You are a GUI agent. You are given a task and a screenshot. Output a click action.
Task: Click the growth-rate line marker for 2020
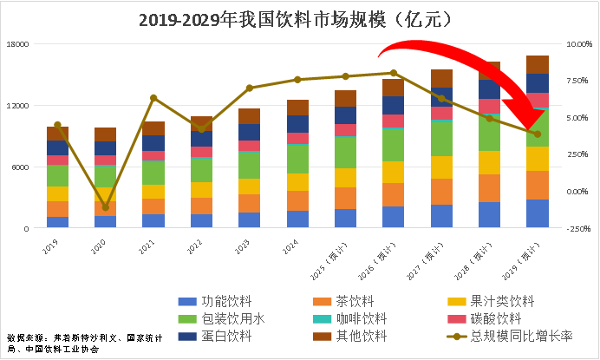106,207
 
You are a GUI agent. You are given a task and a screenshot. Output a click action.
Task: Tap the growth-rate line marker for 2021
153,98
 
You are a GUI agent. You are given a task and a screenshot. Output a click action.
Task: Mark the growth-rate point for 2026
394,73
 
